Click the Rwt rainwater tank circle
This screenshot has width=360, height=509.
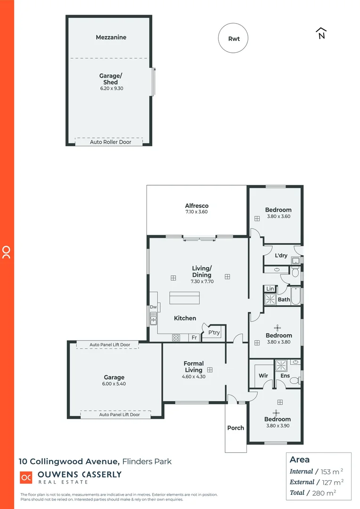(233, 39)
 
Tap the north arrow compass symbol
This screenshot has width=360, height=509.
(321, 33)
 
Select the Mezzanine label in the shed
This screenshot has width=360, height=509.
(111, 37)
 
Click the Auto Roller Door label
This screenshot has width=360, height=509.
(110, 142)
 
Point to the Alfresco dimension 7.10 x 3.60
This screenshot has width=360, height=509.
(196, 212)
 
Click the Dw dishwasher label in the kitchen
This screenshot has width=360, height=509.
(153, 307)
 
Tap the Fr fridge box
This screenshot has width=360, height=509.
(193, 337)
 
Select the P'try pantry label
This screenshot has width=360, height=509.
(214, 333)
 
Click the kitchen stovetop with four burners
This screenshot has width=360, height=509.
(176, 337)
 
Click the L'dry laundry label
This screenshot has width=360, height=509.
(281, 255)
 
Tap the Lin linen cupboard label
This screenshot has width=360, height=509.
(270, 288)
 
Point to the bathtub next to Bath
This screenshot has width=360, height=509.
(295, 296)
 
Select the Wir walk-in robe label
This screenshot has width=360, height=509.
(263, 376)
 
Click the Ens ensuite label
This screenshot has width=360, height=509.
(285, 376)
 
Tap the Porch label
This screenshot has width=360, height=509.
(236, 427)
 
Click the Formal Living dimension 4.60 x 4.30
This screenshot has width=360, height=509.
(194, 377)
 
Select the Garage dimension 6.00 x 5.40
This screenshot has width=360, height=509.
(114, 384)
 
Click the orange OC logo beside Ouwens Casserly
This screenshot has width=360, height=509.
(26, 477)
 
